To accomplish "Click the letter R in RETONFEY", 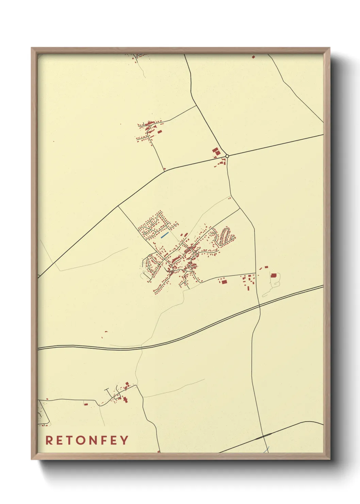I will tap(49, 440).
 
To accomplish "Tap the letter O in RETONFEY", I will tap(85, 440).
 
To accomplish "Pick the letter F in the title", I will tap(104, 440).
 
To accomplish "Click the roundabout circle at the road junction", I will tap(227, 156).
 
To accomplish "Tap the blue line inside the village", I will tap(164, 235).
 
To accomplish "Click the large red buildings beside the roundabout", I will tap(216, 151).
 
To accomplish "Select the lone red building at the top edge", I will tap(253, 57).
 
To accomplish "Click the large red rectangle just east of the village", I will tap(224, 281).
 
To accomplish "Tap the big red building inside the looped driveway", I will tap(274, 275).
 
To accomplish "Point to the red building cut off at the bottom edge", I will tap(159, 452).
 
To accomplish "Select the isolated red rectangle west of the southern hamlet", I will tap(86, 404).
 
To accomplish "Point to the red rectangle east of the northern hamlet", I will tap(159, 131).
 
